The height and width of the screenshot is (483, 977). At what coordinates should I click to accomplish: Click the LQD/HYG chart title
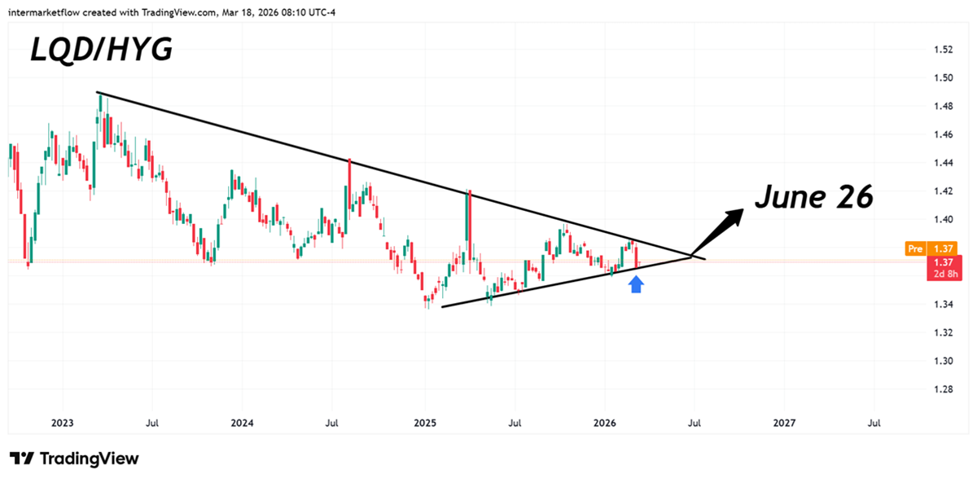point(101,50)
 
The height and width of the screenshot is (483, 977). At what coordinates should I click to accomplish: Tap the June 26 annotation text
point(813,196)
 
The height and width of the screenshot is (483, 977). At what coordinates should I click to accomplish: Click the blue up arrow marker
point(637,283)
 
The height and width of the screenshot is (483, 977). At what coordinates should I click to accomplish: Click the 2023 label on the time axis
point(62,424)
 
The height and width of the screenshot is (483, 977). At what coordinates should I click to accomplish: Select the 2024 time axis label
point(242,424)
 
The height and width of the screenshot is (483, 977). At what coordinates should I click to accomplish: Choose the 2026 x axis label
point(604,424)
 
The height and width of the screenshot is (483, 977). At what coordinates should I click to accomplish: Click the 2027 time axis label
point(783,424)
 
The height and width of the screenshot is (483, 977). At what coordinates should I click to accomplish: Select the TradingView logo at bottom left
point(74,459)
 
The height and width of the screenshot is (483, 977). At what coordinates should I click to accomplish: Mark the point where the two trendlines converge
point(692,257)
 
